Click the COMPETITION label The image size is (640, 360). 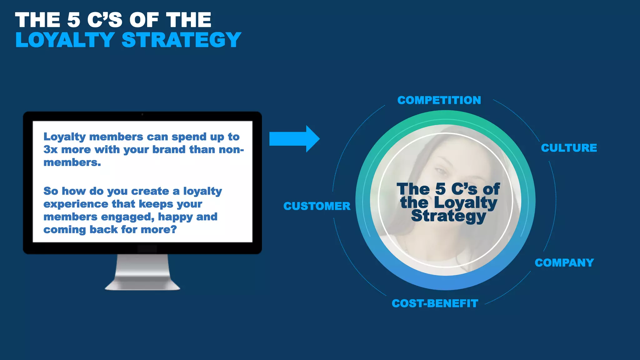pyautogui.click(x=439, y=100)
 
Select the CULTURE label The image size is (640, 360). pyautogui.click(x=569, y=148)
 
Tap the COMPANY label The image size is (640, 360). pyautogui.click(x=564, y=263)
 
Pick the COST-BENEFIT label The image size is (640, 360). pyautogui.click(x=435, y=303)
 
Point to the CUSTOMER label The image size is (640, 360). pyautogui.click(x=317, y=206)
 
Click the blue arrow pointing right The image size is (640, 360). pyautogui.click(x=294, y=139)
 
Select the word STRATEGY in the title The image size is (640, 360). pyautogui.click(x=181, y=40)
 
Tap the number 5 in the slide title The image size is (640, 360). pyautogui.click(x=74, y=20)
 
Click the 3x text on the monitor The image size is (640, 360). pyautogui.click(x=50, y=150)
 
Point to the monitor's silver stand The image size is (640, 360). pyautogui.click(x=142, y=272)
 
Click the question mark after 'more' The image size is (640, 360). pyautogui.click(x=173, y=230)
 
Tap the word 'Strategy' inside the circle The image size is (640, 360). pyautogui.click(x=448, y=216)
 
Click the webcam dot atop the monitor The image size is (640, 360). pyautogui.click(x=142, y=115)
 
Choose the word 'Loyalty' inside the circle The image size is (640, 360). pyautogui.click(x=465, y=203)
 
